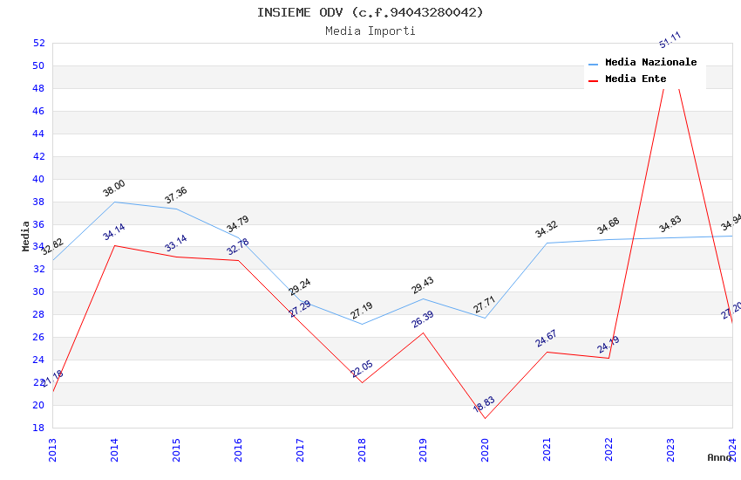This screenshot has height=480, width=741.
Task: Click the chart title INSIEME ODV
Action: point(370,12)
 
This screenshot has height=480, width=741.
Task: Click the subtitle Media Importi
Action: point(370,31)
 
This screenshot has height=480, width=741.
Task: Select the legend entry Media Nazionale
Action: point(650,62)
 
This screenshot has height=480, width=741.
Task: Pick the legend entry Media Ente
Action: point(636,79)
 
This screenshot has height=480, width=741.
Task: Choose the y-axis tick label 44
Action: point(38,134)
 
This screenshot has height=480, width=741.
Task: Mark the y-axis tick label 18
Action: point(38,428)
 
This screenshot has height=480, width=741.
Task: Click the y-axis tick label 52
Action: point(38,43)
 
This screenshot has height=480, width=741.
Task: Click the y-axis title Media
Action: point(26,236)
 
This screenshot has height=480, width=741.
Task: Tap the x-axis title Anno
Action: point(719,457)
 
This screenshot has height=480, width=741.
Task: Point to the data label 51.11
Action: point(670,40)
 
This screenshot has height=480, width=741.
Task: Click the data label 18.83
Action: point(484,404)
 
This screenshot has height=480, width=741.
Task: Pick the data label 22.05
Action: point(362,369)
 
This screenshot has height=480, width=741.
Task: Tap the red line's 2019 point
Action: point(424,333)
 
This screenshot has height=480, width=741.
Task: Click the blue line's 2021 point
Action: point(547,243)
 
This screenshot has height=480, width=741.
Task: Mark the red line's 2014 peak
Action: point(114,245)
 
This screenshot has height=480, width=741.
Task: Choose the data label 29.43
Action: point(423,285)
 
